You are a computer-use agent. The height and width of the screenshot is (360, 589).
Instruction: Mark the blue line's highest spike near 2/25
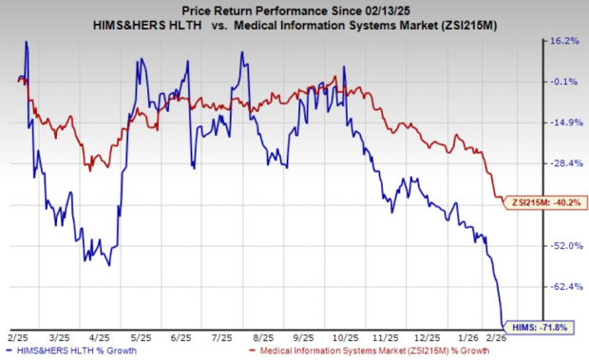[26, 42]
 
